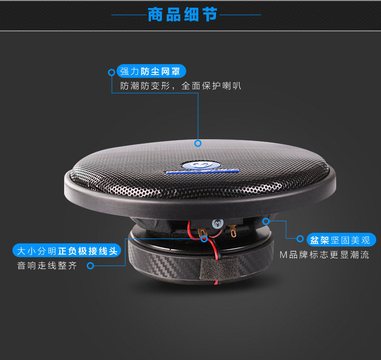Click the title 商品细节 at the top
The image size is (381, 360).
(x=182, y=14)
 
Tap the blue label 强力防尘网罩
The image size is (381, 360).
(x=151, y=72)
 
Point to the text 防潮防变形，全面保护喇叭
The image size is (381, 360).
(x=181, y=86)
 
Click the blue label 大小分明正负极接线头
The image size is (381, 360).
(x=67, y=251)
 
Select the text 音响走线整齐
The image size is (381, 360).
(x=47, y=266)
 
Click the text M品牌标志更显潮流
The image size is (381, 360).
(x=325, y=254)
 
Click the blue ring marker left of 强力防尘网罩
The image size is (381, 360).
(x=111, y=72)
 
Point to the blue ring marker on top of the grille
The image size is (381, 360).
(x=198, y=143)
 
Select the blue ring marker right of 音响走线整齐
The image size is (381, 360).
(x=90, y=266)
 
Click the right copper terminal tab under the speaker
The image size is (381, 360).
(x=233, y=232)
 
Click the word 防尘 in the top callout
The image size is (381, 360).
(x=151, y=72)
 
